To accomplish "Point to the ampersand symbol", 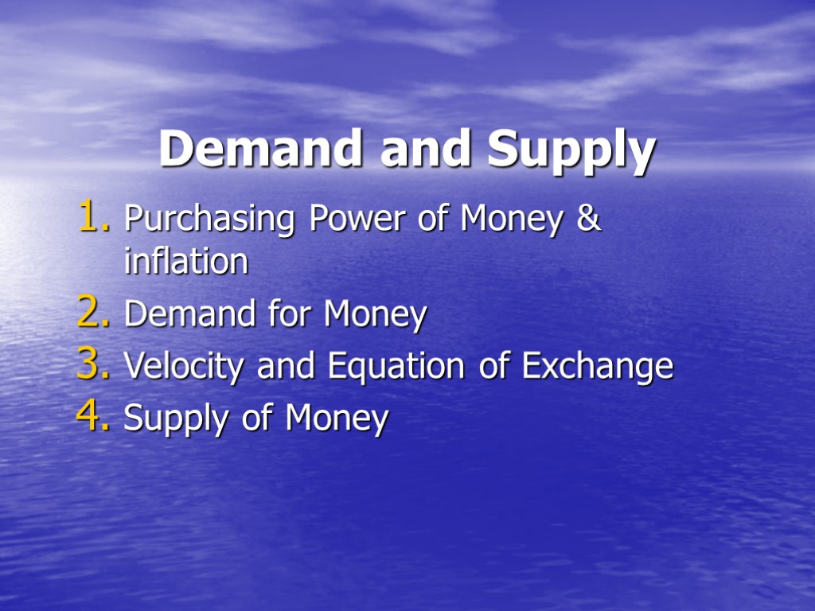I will (x=588, y=218).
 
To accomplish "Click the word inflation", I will (x=186, y=261).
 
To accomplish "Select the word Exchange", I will (x=597, y=367).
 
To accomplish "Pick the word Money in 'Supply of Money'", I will (x=337, y=419).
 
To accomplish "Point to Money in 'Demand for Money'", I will (x=375, y=316).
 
